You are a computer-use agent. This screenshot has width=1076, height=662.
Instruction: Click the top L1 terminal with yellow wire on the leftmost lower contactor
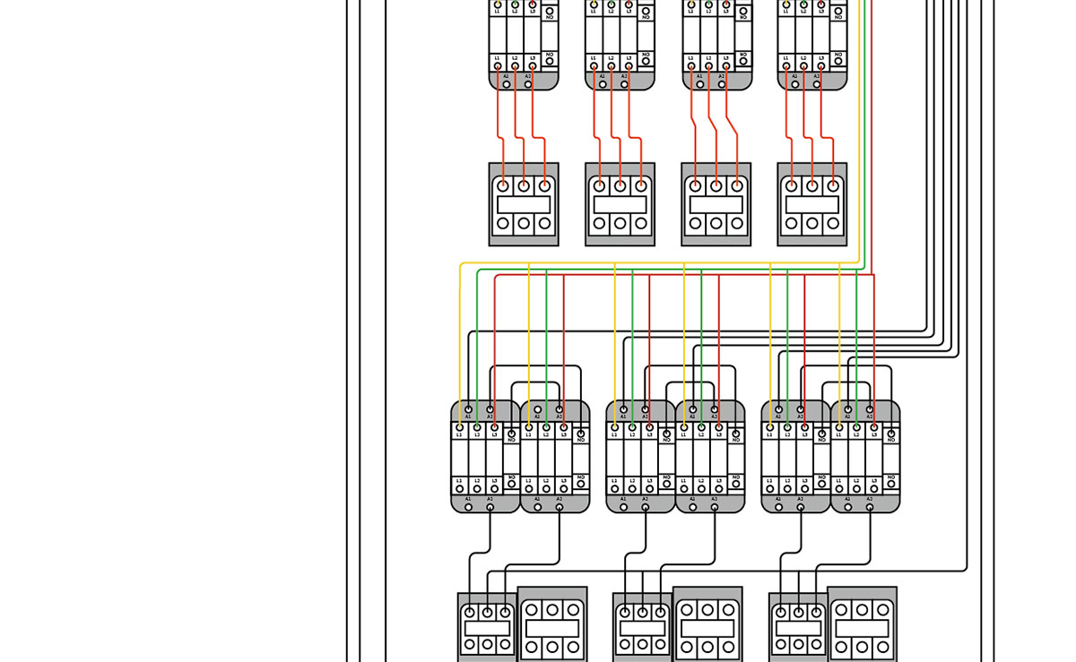coord(460,427)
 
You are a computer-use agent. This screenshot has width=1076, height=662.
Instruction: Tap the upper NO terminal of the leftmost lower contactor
coord(511,434)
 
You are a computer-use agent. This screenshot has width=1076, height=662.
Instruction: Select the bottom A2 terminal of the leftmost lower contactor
coord(490,506)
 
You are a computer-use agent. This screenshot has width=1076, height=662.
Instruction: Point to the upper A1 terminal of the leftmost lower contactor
coord(468,409)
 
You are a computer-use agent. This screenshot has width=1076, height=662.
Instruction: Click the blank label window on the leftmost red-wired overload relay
coord(523,204)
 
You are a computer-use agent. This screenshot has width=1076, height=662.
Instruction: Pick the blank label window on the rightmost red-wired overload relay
coord(811,204)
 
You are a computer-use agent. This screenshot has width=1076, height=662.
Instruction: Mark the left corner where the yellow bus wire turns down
coord(461,264)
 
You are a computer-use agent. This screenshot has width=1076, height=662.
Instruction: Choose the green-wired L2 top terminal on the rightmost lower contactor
coord(856,427)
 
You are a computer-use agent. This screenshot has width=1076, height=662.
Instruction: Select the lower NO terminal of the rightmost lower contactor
coord(890,481)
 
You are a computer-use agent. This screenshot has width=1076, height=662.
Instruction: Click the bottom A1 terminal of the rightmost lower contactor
coord(848,506)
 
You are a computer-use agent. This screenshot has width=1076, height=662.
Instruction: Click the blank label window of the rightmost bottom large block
coord(861,628)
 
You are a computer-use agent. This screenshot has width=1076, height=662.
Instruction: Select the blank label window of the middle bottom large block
coord(707,628)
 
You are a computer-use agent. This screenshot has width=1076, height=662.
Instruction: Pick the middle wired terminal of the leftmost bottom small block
coord(487,613)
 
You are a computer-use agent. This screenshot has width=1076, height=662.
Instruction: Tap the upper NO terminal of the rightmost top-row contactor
coord(837,10)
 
